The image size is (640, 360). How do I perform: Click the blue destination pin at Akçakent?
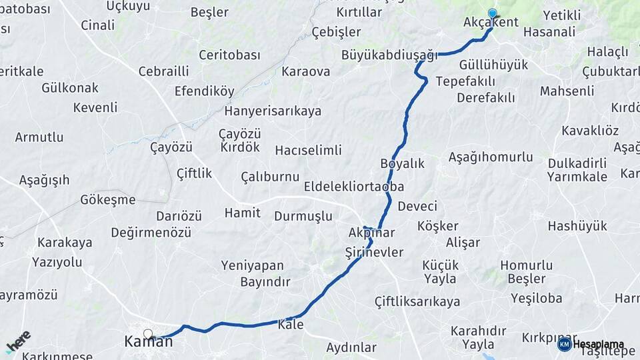pyautogui.click(x=492, y=13)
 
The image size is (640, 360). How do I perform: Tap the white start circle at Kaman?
pyautogui.click(x=147, y=334)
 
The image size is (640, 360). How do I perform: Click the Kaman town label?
pyautogui.click(x=148, y=342)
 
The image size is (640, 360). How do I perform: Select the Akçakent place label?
pyautogui.click(x=491, y=23)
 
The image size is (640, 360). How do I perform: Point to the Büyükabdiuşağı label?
pyautogui.click(x=389, y=55)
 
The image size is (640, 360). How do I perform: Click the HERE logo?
pyautogui.click(x=18, y=341)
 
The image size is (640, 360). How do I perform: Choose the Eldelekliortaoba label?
pyautogui.click(x=354, y=187)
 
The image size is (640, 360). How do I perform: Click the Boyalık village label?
pyautogui.click(x=402, y=163)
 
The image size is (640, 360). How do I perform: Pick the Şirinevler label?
pyautogui.click(x=374, y=252)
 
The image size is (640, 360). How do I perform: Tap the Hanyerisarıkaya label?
pyautogui.click(x=273, y=111)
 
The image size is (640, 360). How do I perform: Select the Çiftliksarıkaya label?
pyautogui.click(x=417, y=301)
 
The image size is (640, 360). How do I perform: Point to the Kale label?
pyautogui.click(x=291, y=325)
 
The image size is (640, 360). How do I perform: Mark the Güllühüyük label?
pyautogui.click(x=494, y=65)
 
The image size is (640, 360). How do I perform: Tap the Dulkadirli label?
pyautogui.click(x=577, y=163)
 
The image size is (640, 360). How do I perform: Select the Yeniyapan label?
pyautogui.click(x=253, y=265)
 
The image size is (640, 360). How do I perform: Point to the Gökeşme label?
pyautogui.click(x=107, y=199)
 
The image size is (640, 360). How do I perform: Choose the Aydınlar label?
pyautogui.click(x=351, y=347)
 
